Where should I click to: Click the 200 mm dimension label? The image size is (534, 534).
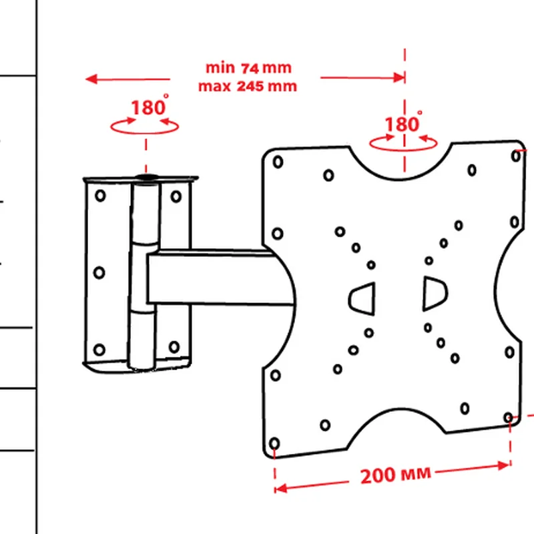pos(396,476)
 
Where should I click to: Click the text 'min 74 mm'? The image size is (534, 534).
pos(248,67)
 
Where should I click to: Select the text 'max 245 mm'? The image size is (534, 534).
pos(248,86)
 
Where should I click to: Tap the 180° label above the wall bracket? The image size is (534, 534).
pos(148,107)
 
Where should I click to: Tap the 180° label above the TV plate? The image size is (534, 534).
pos(401,124)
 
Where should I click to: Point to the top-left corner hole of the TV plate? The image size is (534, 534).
pos(278,162)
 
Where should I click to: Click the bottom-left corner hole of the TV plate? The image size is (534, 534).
pos(274,444)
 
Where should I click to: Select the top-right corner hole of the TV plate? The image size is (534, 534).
pos(516,156)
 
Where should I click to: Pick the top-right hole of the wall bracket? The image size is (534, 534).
pos(176,196)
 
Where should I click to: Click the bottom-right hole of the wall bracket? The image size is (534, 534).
pos(174,347)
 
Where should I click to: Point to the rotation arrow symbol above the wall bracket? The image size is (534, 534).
pos(146,125)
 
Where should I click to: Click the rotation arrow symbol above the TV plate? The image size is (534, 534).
pos(404,140)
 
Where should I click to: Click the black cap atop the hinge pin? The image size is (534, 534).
pos(146,178)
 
